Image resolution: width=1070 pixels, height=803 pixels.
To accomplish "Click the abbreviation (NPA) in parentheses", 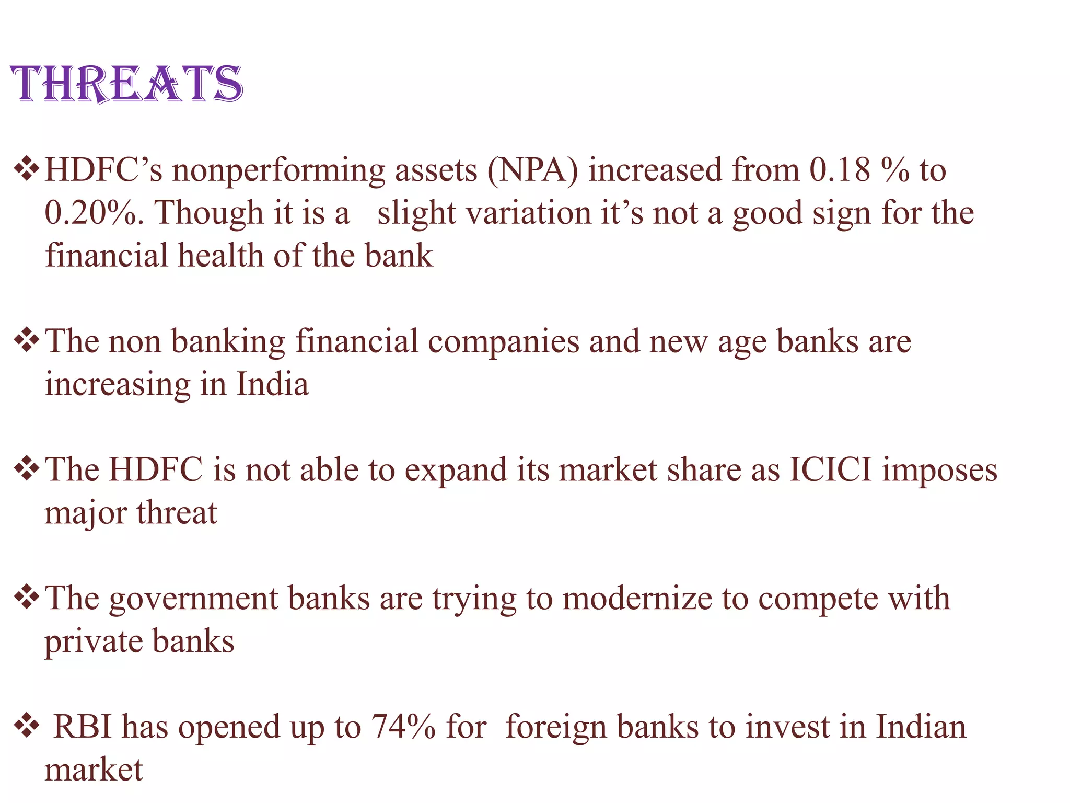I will click(x=533, y=171).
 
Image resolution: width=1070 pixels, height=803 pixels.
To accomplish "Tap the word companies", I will click(x=504, y=342).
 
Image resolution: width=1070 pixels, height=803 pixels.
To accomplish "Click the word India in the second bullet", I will click(x=272, y=385).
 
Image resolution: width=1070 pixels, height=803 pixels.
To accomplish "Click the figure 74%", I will click(x=403, y=727).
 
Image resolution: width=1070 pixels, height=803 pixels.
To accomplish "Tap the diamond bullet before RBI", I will click(x=27, y=727).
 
